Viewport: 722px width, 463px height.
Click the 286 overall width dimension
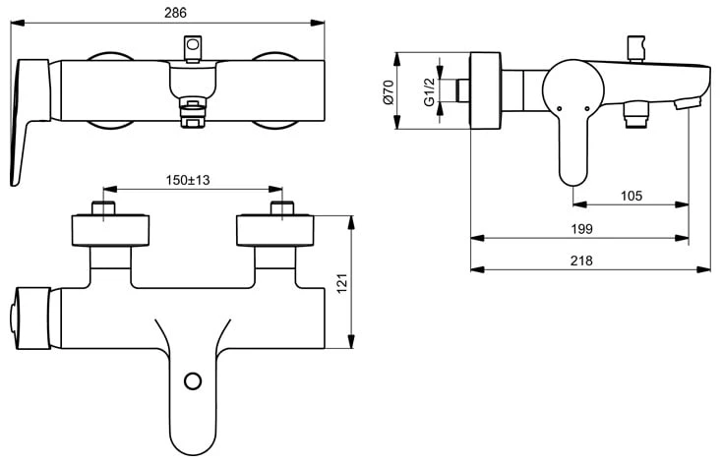click(x=174, y=12)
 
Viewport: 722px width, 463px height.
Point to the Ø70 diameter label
click(x=388, y=92)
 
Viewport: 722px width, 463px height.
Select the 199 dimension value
click(x=580, y=228)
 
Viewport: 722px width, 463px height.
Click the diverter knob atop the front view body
click(x=194, y=49)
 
